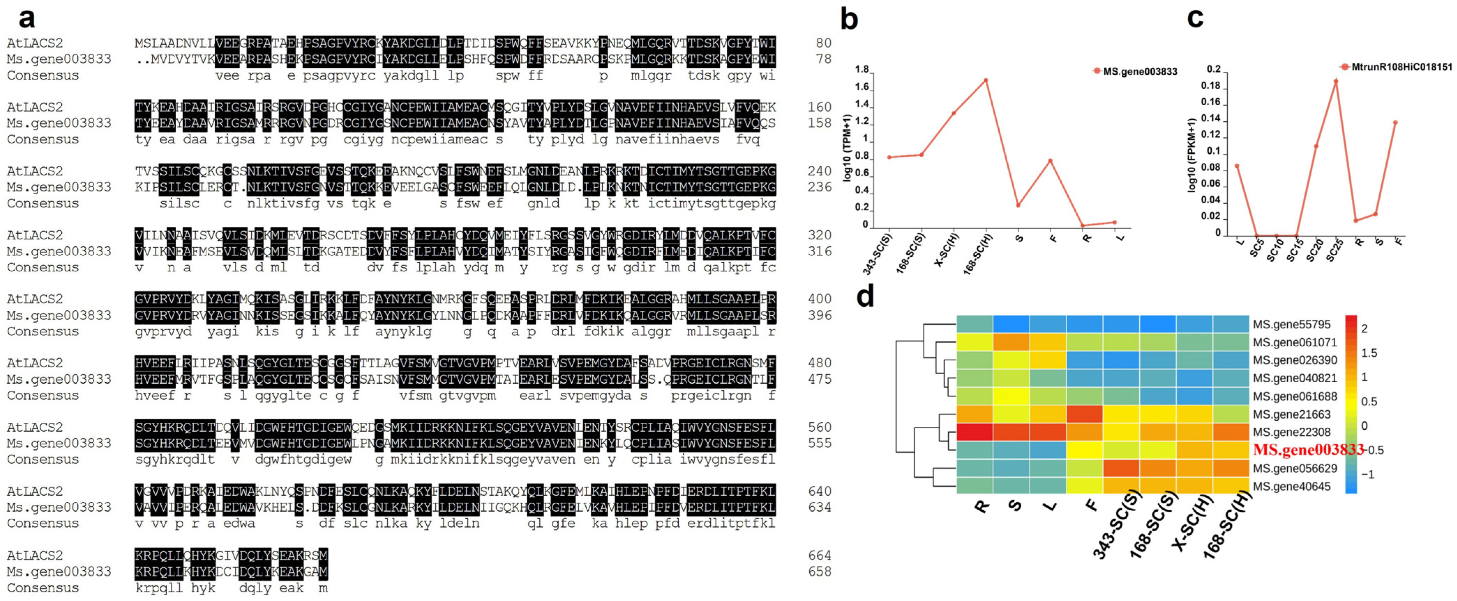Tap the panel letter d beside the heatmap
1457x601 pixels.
[x=865, y=295]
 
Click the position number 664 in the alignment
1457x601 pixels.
[x=819, y=555]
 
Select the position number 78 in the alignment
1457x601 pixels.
[x=824, y=59]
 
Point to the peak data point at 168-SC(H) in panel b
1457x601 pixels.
[x=986, y=80]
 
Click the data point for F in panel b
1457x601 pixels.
[x=1050, y=161]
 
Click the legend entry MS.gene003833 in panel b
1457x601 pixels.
[x=1140, y=71]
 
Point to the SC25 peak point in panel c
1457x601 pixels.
[x=1336, y=81]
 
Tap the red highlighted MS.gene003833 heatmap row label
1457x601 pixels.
[x=1308, y=450]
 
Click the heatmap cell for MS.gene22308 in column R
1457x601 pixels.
[x=975, y=432]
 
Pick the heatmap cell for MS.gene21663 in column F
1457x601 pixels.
[x=1084, y=414]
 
